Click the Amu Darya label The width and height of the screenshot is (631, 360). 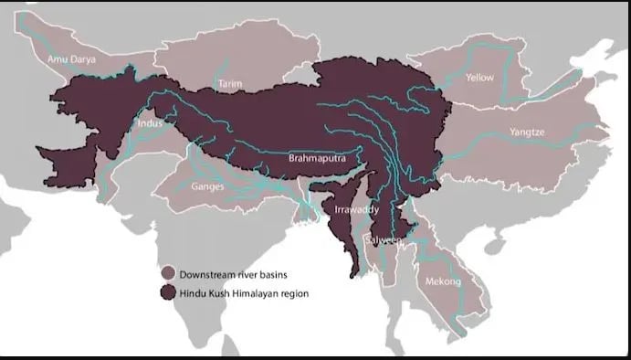70,59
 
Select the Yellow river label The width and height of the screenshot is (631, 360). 479,78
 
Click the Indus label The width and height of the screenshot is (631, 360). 150,123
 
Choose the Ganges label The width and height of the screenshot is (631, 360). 207,186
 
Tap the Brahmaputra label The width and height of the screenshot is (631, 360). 316,157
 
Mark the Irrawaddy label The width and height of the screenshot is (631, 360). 349,209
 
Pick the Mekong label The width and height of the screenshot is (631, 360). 443,281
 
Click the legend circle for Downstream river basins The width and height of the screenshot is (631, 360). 168,274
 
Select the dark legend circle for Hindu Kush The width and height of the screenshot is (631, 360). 168,292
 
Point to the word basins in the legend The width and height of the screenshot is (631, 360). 281,274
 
